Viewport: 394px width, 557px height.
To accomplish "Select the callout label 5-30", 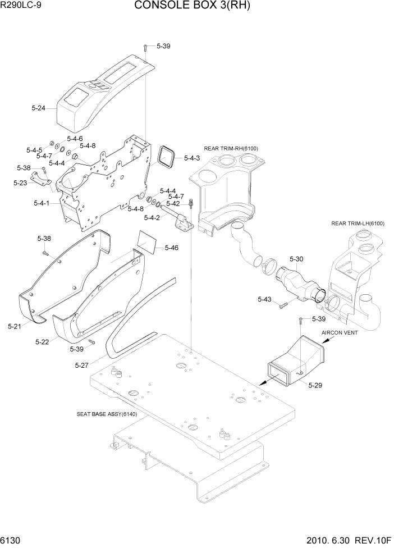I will (296, 259).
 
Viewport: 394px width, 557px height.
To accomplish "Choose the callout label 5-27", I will (82, 365).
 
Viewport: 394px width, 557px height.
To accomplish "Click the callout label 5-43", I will (265, 300).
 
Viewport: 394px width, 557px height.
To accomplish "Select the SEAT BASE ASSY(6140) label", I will (107, 414).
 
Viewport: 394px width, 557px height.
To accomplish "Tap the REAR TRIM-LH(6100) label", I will (358, 223).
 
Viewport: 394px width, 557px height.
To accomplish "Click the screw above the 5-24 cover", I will (145, 47).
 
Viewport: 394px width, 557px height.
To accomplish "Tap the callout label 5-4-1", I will (41, 203).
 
